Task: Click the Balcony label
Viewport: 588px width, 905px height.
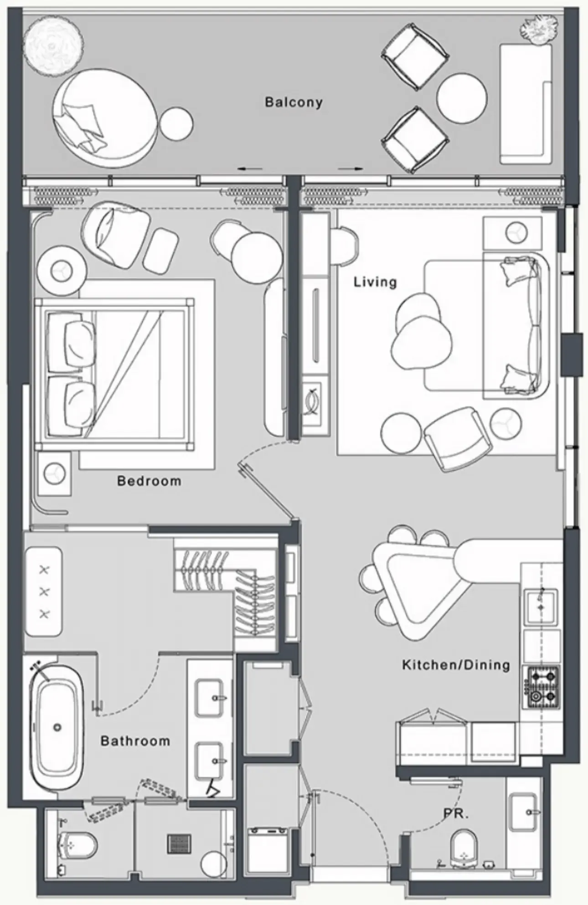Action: tap(294, 102)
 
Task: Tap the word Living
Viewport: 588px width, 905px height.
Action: tap(375, 282)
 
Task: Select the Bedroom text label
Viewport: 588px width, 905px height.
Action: tap(149, 481)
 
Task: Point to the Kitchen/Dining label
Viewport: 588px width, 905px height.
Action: tap(456, 665)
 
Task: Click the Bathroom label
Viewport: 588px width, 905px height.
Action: tap(135, 741)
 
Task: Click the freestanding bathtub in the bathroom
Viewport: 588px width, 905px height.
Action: tap(57, 727)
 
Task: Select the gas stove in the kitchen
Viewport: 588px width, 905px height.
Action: tap(542, 693)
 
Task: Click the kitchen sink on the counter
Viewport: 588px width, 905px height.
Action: tap(541, 607)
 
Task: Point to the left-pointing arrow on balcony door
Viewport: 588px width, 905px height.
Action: tap(250, 169)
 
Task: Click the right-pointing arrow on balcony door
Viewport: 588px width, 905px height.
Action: tap(351, 169)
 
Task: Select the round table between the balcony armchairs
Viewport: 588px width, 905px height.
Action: tap(462, 98)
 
